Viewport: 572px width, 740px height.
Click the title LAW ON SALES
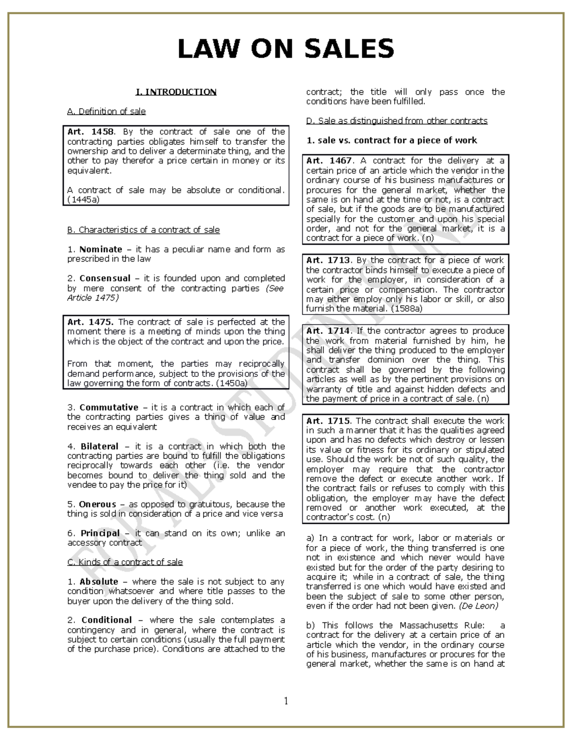(286, 49)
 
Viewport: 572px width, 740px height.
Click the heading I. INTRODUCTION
(176, 92)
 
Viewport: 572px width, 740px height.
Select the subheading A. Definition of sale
(106, 112)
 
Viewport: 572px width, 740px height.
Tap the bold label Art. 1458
(90, 132)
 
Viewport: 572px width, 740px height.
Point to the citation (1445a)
(83, 200)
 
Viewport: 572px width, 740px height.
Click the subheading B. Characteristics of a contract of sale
(143, 230)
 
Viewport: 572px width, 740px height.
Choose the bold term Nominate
(101, 249)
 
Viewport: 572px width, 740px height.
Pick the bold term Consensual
(105, 278)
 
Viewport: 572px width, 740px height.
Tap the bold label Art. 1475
(91, 322)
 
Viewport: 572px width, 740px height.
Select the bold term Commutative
(109, 407)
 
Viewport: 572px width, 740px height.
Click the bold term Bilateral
(99, 446)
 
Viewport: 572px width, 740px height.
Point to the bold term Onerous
(97, 504)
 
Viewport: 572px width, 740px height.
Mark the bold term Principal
(100, 533)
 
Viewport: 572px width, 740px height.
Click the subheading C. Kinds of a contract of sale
(125, 562)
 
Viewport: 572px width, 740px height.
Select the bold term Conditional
(106, 620)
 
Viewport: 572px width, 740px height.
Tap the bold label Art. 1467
(329, 161)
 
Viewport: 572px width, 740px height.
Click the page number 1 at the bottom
(286, 700)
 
